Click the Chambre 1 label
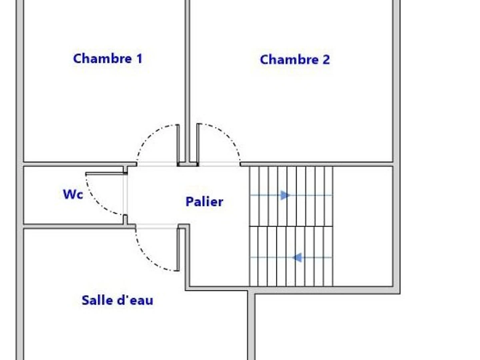[x=108, y=59]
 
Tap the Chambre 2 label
[x=295, y=60]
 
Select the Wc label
[x=73, y=194]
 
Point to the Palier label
[x=204, y=202]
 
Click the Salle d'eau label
[x=117, y=300]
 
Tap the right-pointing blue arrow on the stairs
[x=285, y=195]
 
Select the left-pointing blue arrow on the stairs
[x=297, y=258]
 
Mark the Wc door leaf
[x=105, y=174]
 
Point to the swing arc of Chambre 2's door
[x=228, y=138]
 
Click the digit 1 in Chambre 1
[x=139, y=59]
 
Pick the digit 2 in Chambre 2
[x=326, y=60]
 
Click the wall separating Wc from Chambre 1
[x=72, y=164]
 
